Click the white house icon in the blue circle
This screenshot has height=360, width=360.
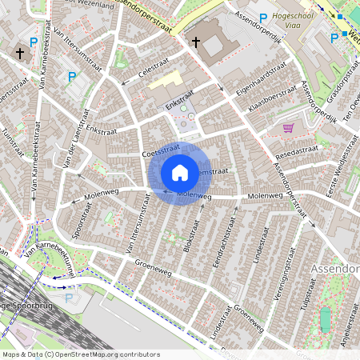pos(180,173)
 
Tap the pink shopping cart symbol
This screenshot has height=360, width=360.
pos(288,127)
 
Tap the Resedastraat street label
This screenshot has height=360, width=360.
pos(295,150)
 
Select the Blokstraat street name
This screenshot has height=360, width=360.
pos(190,234)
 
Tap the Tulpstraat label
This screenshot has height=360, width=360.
pos(304,315)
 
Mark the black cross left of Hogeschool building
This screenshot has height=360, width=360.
pos(195,42)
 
